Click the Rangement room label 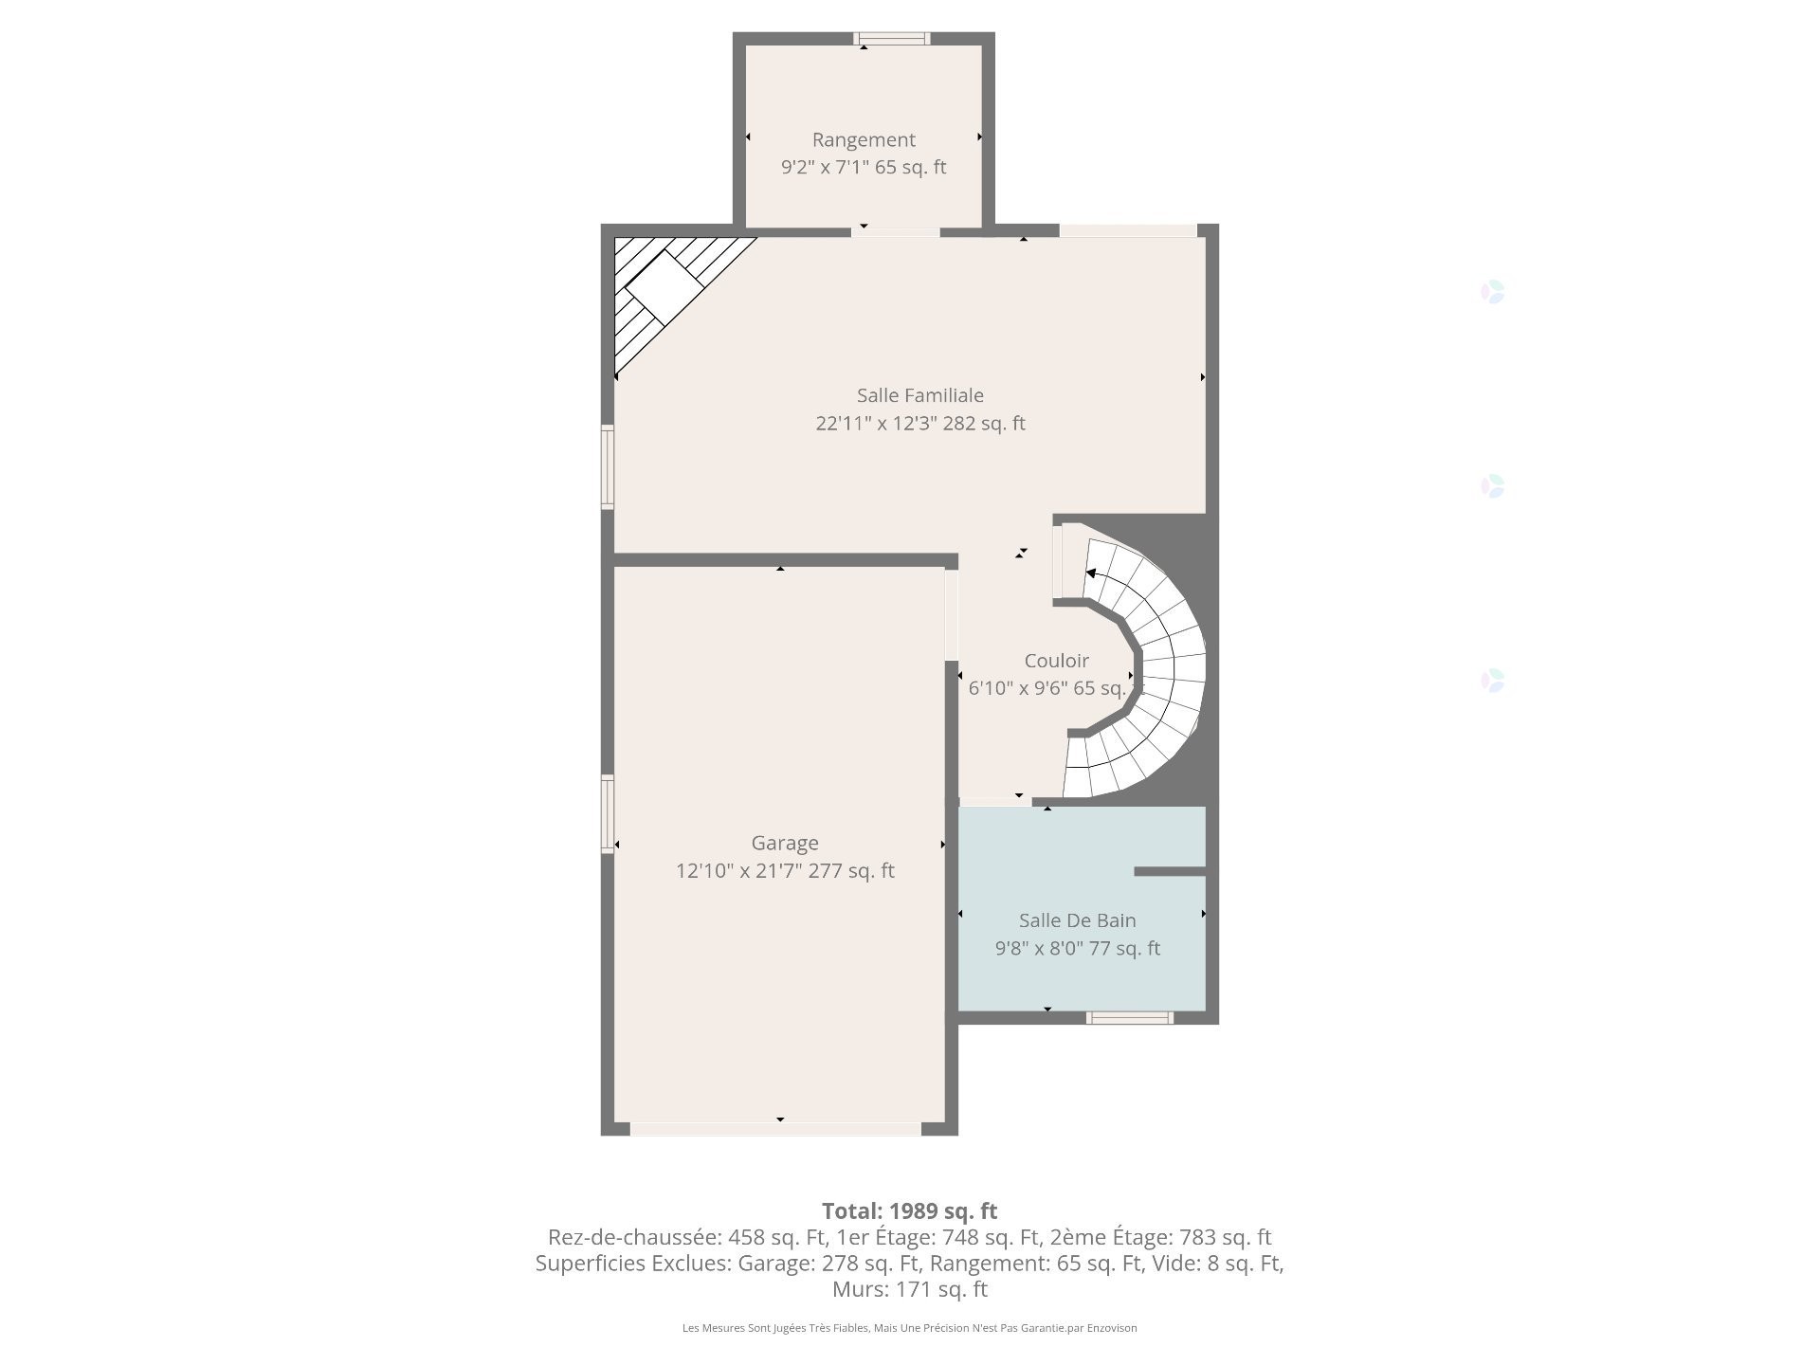(x=864, y=140)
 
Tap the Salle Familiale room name (x=919, y=395)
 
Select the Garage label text (x=784, y=843)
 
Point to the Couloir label (x=1056, y=661)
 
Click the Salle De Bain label (x=1077, y=920)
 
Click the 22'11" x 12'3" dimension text (x=919, y=424)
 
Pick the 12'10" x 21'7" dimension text (x=784, y=871)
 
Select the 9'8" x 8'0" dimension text (x=1077, y=949)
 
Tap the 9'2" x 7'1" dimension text (x=864, y=168)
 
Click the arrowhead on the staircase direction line (x=1091, y=573)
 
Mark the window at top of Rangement (x=891, y=39)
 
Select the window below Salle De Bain (x=1129, y=1018)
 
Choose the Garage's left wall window (x=608, y=814)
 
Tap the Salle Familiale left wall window (x=608, y=466)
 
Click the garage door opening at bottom (x=775, y=1129)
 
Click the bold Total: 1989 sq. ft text (x=909, y=1210)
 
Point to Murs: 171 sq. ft (x=909, y=1289)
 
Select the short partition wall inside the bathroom (x=1170, y=871)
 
